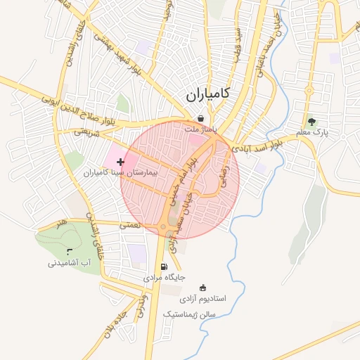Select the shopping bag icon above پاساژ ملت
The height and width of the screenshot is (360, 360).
pos(202,118)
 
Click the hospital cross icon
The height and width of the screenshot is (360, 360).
pos(120,162)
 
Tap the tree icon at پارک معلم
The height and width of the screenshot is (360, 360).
pos(311,122)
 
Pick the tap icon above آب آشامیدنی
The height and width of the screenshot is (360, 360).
pos(68,251)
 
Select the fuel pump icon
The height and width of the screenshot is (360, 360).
pos(164,266)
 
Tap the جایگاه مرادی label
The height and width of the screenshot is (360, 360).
pos(164,278)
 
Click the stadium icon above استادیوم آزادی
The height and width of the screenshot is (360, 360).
pos(203,287)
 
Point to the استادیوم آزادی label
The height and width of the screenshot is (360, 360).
pos(203,298)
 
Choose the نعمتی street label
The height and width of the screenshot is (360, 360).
pos(131,226)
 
